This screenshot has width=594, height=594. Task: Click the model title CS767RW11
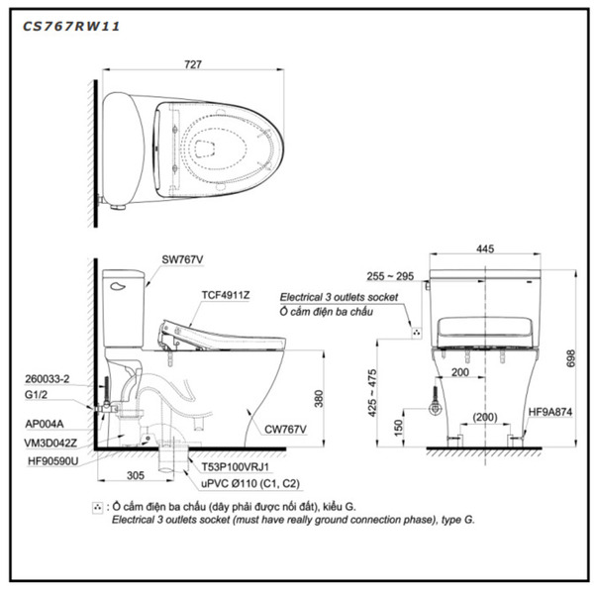click(71, 27)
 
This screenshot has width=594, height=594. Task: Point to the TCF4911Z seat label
click(226, 294)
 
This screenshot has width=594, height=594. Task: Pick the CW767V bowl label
click(285, 429)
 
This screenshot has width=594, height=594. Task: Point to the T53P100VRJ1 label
click(234, 466)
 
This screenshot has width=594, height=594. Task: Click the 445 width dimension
click(485, 250)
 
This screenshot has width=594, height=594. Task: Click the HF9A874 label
click(548, 411)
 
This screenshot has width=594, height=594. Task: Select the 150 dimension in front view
click(397, 426)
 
